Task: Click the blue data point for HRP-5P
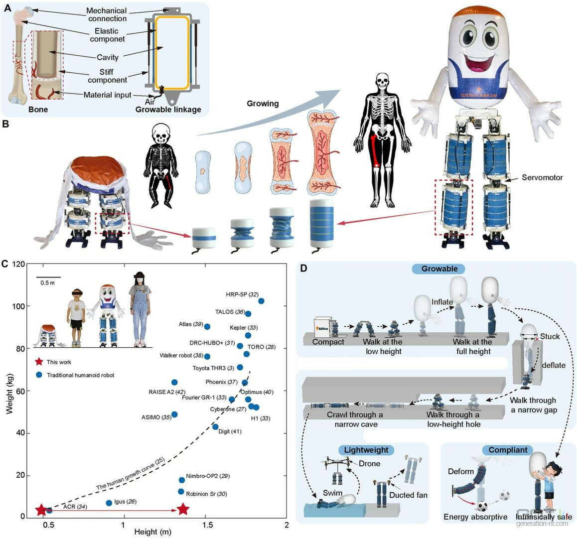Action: pos(261,301)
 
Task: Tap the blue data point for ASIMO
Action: pos(174,414)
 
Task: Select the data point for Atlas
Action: pos(207,327)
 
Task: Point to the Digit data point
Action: pos(215,427)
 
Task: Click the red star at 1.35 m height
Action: pos(183,509)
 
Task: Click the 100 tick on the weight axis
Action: pos(21,306)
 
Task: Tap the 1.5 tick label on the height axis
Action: pos(205,526)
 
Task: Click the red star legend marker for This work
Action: pos(38,362)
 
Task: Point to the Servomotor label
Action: pos(542,177)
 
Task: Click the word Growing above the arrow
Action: pos(263,104)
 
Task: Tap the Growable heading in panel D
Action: pos(439,269)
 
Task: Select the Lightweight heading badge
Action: pos(366,450)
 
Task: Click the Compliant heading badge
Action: pos(508,450)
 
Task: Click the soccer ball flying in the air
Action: pos(505,496)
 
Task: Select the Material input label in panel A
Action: pos(108,95)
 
